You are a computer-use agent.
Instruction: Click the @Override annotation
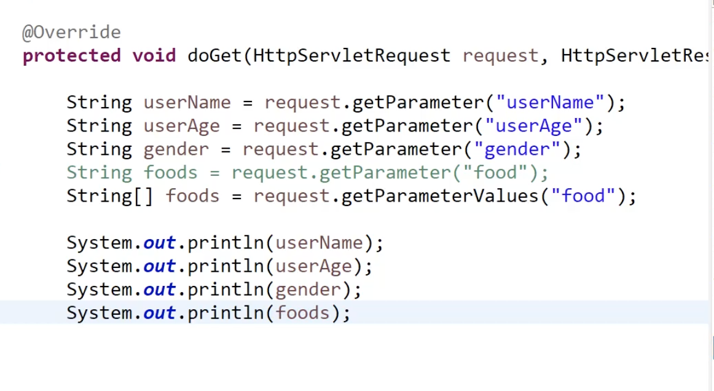pyautogui.click(x=71, y=32)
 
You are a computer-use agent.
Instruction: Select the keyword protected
pyautogui.click(x=71, y=56)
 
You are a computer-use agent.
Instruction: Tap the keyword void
pyautogui.click(x=154, y=56)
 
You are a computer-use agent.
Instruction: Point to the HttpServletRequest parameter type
pyautogui.click(x=351, y=56)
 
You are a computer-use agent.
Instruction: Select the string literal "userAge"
pyautogui.click(x=533, y=126)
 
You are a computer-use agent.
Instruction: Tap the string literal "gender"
pyautogui.click(x=517, y=149)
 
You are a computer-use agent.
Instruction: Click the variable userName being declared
pyautogui.click(x=187, y=103)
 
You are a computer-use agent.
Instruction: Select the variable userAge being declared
pyautogui.click(x=181, y=126)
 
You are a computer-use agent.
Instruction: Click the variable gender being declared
pyautogui.click(x=176, y=149)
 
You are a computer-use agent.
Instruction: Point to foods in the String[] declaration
pyautogui.click(x=192, y=196)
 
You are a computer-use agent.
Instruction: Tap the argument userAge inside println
pyautogui.click(x=314, y=266)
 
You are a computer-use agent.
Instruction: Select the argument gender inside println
pyautogui.click(x=308, y=290)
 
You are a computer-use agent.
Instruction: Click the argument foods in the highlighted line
pyautogui.click(x=302, y=314)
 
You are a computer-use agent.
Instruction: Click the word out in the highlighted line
pyautogui.click(x=160, y=314)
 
